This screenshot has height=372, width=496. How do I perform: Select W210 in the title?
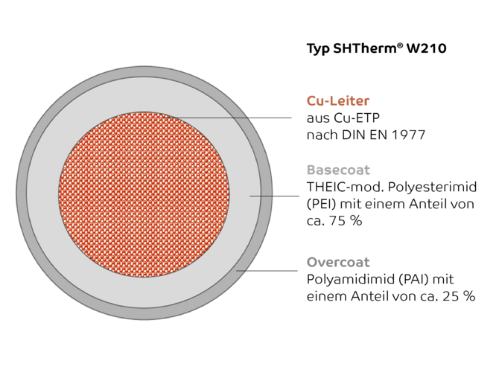(x=427, y=48)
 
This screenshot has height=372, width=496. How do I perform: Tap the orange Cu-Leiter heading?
(x=338, y=101)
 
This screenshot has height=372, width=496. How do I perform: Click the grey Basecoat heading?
(x=338, y=170)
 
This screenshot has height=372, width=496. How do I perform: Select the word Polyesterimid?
(x=432, y=187)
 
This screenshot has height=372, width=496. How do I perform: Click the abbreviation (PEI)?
(x=322, y=204)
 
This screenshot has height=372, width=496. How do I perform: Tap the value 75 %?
(x=346, y=221)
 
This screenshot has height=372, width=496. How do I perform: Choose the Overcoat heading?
(x=338, y=263)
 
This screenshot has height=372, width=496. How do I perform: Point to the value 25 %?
(x=459, y=296)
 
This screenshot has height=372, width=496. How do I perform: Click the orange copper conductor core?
(x=144, y=194)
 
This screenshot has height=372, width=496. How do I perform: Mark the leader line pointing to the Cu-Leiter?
(x=227, y=118)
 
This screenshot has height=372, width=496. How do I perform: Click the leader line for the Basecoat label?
(x=275, y=196)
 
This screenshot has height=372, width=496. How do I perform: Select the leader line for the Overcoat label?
(x=267, y=271)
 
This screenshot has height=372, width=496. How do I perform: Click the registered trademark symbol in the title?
(x=400, y=46)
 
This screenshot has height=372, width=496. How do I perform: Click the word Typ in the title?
(x=318, y=49)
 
